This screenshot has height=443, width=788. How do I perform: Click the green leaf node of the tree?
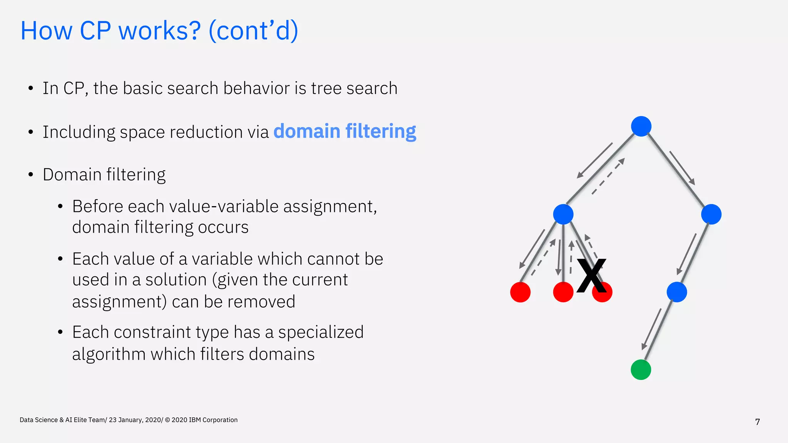pos(641,370)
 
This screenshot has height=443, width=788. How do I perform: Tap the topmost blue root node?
pos(641,126)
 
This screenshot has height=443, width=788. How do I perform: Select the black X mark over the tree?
pos(591,275)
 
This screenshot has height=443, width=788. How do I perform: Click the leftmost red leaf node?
pos(520,292)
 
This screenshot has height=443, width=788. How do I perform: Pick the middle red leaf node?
pos(563,292)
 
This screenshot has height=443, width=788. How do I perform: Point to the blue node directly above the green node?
pos(676,292)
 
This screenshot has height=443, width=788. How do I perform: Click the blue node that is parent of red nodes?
pos(563,214)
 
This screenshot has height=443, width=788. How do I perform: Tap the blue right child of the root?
pos(711,214)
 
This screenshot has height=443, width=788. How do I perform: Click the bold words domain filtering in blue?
pos(345,132)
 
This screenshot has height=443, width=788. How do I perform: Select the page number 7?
pos(757,422)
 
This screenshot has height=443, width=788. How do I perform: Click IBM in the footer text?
pos(195,420)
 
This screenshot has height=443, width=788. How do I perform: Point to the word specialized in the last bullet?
pos(321,332)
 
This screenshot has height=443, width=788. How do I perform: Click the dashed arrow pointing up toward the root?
pos(608,176)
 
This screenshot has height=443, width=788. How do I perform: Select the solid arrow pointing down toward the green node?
pos(651,329)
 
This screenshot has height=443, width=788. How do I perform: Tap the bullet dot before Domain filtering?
pos(31,175)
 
